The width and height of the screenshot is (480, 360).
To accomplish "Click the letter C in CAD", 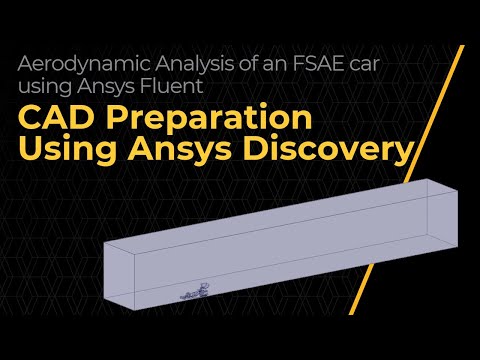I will coord(32,118).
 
